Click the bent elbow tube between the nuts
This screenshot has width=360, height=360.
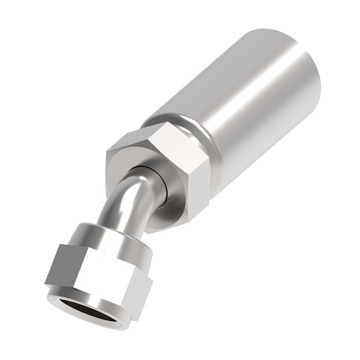tap(124, 199)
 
